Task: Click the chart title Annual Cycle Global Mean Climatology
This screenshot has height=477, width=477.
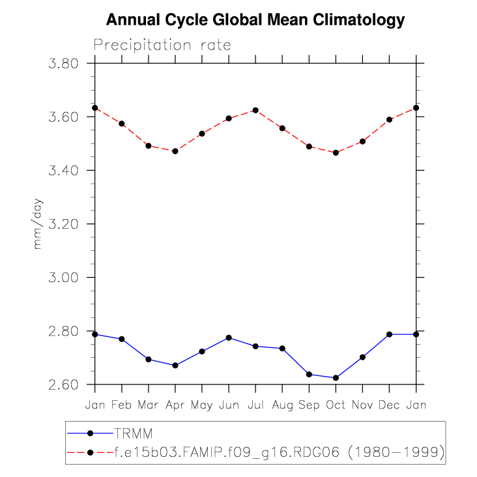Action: [x=255, y=20]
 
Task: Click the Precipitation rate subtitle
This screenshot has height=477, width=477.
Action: [x=162, y=45]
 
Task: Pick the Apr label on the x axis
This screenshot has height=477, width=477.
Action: [x=175, y=405]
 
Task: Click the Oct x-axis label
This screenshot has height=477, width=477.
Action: [x=336, y=405]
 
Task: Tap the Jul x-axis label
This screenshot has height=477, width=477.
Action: [x=255, y=405]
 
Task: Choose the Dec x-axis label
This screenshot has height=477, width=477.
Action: [x=389, y=405]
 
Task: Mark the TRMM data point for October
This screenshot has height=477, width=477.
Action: [x=336, y=378]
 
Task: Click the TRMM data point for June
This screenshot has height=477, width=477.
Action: [x=229, y=338]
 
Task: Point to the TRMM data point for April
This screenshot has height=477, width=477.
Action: [x=175, y=366]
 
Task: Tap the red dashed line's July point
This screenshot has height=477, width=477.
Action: [x=255, y=110]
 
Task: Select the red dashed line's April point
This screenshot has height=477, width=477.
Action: [x=175, y=151]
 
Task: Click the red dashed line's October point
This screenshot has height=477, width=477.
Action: [x=336, y=152]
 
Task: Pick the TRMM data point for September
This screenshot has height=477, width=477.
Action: [x=309, y=374]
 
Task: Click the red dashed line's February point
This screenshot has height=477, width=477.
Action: [x=122, y=123]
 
